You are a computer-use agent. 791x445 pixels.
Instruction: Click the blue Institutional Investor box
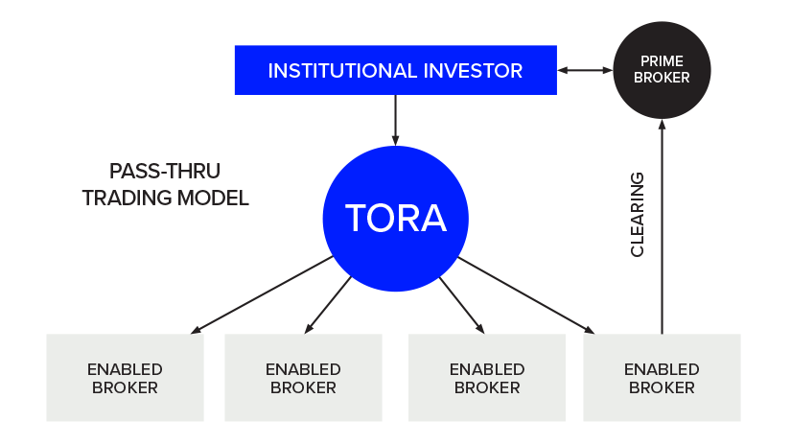click(x=395, y=70)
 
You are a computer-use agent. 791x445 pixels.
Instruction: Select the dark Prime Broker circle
click(x=662, y=70)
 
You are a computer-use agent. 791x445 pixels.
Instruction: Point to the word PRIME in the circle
click(x=662, y=61)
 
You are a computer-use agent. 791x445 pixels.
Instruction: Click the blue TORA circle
click(x=395, y=219)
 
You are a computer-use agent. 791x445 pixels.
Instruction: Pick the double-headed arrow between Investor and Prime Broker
click(x=585, y=70)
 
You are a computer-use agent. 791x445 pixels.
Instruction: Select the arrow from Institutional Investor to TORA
click(x=395, y=120)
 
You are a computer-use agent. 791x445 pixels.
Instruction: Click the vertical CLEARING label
click(x=638, y=214)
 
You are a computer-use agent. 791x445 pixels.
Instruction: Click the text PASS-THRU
click(x=164, y=173)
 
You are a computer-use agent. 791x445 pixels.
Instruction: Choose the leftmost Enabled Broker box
click(x=125, y=378)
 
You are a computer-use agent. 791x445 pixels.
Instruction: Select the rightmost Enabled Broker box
click(x=662, y=378)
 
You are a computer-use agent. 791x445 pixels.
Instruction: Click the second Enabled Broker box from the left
click(x=303, y=378)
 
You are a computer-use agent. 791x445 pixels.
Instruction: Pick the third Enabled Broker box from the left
click(x=487, y=378)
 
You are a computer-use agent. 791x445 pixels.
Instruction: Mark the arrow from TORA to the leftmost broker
click(x=259, y=296)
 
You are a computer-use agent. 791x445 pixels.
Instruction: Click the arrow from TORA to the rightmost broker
click(x=527, y=296)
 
